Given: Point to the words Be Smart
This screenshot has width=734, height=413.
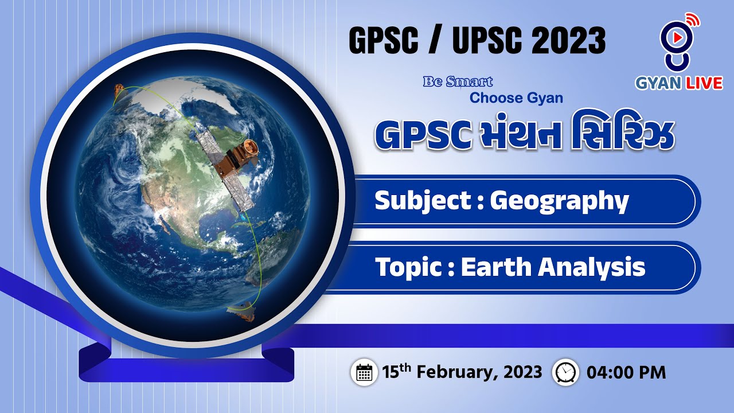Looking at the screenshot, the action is (458, 82).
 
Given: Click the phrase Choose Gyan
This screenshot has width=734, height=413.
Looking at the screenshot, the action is (516, 98).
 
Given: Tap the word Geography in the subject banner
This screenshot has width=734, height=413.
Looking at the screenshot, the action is (559, 201).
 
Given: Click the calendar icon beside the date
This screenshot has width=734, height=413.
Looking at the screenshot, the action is (364, 372).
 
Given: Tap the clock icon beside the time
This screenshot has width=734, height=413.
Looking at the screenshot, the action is (565, 372).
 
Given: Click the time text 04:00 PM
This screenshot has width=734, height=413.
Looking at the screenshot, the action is (626, 372).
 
